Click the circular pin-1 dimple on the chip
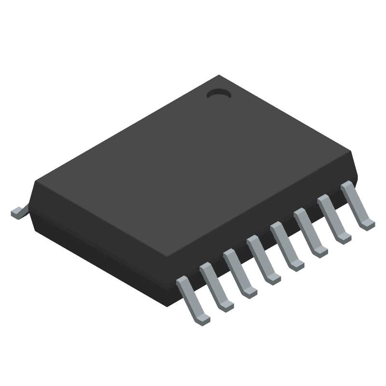(219, 96)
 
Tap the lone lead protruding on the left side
(17, 212)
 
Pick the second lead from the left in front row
(216, 287)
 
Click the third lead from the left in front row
(240, 273)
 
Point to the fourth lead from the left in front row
(263, 260)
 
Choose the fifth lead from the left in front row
(287, 246)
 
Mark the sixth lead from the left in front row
(310, 233)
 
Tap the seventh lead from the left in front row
(334, 219)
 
